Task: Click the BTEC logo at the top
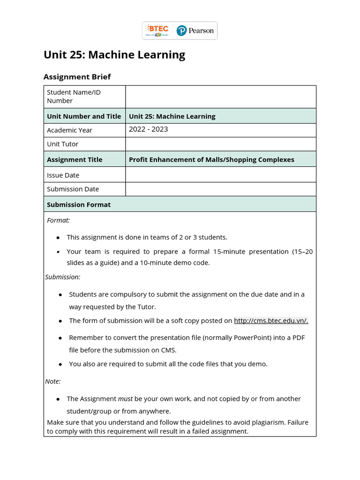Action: [x=157, y=30]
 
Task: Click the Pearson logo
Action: [x=195, y=31]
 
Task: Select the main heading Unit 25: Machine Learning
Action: [x=114, y=55]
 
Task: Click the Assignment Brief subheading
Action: [x=77, y=76]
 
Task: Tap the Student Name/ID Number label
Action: [x=74, y=97]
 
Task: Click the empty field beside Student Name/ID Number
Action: [x=220, y=97]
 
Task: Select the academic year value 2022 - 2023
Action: [x=148, y=129]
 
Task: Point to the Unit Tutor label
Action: [x=62, y=144]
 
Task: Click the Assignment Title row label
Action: [x=75, y=159]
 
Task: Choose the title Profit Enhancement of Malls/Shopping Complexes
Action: [x=211, y=159]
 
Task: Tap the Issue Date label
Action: [x=63, y=175]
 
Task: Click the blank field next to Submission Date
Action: [x=220, y=189]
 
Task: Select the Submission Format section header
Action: [x=79, y=204]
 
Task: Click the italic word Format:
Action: [x=59, y=220]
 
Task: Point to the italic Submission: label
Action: [x=63, y=277]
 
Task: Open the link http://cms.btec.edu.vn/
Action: [x=271, y=321]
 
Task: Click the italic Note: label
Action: [x=53, y=381]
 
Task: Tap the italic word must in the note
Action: [x=125, y=398]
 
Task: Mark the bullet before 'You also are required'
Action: [x=60, y=364]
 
